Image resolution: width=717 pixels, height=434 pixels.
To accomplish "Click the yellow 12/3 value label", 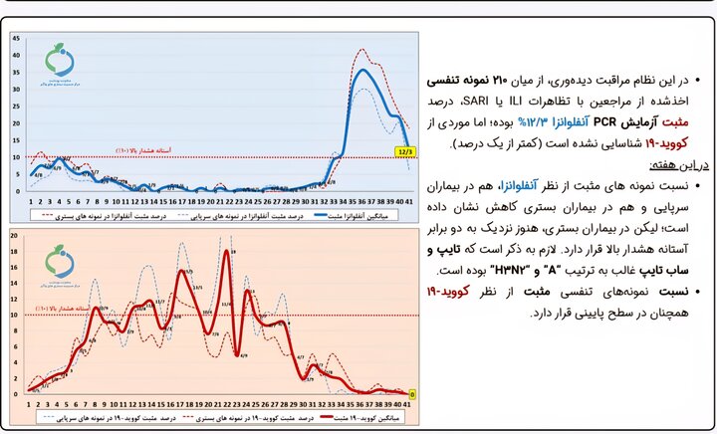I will point(404,152).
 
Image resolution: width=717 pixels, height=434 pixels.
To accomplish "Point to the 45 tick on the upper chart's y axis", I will point(16,38).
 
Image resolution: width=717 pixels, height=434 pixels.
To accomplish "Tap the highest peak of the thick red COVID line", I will point(227,252).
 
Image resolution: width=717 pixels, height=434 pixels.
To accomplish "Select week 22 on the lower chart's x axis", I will point(227,404).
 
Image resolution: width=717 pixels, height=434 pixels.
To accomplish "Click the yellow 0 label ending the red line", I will point(412,393).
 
